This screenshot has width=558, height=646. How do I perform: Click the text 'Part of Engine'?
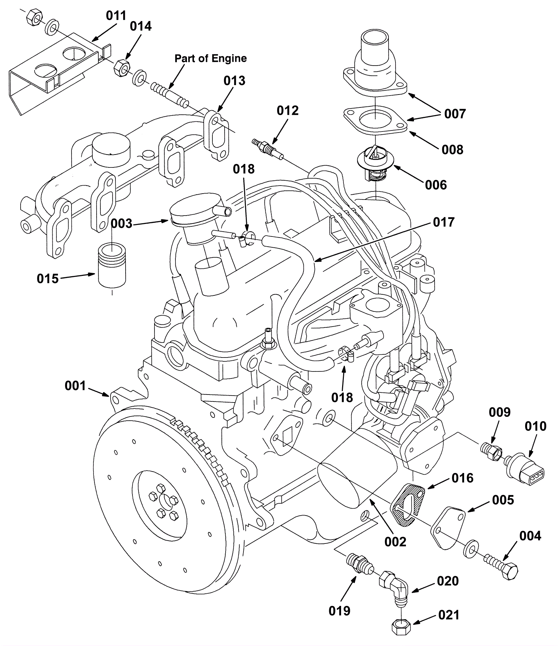(211, 58)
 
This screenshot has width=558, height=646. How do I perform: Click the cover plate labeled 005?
(447, 527)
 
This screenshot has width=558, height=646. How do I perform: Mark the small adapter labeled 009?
(491, 449)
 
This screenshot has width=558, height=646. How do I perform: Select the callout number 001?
(75, 386)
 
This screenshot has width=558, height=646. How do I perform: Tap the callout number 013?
(234, 81)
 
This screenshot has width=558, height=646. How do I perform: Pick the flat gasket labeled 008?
(375, 120)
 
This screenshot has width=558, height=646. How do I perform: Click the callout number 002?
(395, 541)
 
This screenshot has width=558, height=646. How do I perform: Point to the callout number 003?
(121, 223)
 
